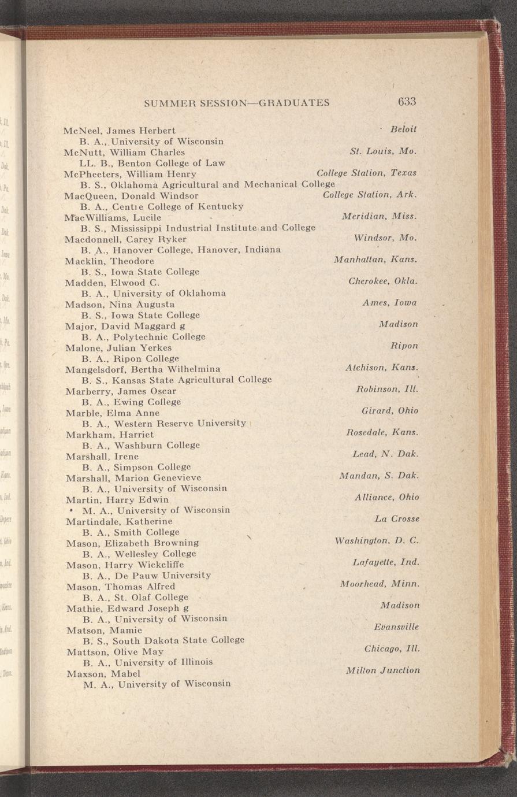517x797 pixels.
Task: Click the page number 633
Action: (407, 101)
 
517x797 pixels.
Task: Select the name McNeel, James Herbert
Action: (120, 131)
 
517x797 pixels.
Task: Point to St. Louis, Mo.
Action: (383, 151)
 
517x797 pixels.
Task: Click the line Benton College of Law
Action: (153, 163)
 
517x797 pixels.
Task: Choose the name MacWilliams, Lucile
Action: (113, 218)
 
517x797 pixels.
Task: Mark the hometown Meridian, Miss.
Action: (380, 216)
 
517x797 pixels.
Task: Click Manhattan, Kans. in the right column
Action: (375, 260)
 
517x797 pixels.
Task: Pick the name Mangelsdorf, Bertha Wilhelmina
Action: (143, 369)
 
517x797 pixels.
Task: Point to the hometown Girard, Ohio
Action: (389, 410)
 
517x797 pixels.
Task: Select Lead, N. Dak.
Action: (385, 454)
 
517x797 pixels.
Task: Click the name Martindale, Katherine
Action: (119, 521)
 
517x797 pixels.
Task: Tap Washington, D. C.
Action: (376, 541)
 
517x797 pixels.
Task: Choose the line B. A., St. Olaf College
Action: (135, 597)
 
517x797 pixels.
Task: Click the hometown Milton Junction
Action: (382, 670)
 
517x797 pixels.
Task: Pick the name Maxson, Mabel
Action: (103, 673)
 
